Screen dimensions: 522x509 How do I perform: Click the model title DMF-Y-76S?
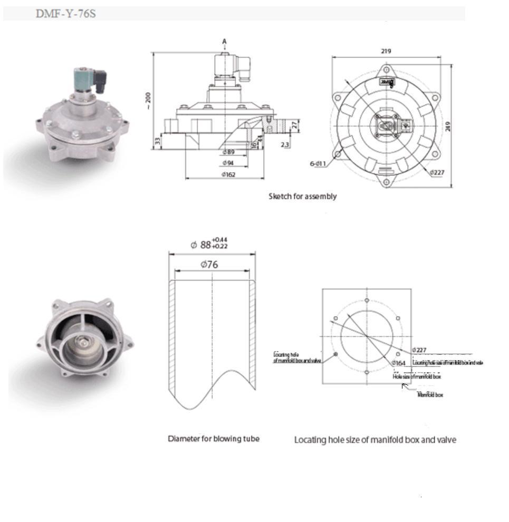click(x=65, y=14)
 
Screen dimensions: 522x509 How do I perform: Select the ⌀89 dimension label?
click(x=228, y=152)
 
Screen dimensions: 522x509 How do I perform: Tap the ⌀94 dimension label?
click(x=228, y=163)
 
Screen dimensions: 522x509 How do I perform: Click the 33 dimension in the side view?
click(x=157, y=141)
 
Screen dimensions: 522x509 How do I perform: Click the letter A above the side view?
click(x=224, y=41)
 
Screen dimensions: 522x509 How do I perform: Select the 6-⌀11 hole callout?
click(x=318, y=164)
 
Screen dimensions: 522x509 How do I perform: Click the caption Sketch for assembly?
click(x=302, y=196)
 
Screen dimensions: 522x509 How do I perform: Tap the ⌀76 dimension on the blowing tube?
click(x=209, y=265)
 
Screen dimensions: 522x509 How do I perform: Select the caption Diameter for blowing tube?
click(x=214, y=439)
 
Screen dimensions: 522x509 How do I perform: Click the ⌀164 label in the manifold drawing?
click(x=399, y=363)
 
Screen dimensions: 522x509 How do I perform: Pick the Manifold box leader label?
click(x=430, y=395)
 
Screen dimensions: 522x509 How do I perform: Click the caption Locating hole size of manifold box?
click(x=375, y=440)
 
